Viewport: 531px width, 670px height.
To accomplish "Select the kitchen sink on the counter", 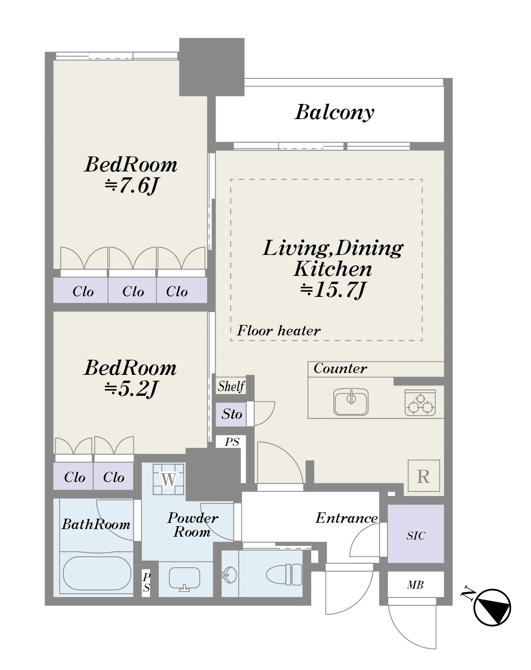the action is click(x=351, y=402).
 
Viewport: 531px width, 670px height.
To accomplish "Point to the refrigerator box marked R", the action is click(x=424, y=476).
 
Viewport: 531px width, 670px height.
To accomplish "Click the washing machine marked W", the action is click(x=168, y=479).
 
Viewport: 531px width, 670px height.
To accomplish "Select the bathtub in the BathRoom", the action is click(x=97, y=573).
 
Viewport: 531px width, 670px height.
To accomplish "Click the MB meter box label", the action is click(x=415, y=585).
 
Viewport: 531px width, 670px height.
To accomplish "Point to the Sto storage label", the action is click(x=232, y=414).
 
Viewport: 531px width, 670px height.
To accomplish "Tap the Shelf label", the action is click(x=231, y=387).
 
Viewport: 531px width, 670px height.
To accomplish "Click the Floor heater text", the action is click(x=279, y=330).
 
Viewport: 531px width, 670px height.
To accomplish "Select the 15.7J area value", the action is click(x=333, y=290).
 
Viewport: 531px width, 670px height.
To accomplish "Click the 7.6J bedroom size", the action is click(x=131, y=186).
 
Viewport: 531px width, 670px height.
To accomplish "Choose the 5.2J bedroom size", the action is click(x=131, y=389).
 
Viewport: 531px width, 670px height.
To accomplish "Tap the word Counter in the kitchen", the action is click(x=340, y=368).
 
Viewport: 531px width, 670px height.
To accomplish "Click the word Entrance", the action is click(x=346, y=518).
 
